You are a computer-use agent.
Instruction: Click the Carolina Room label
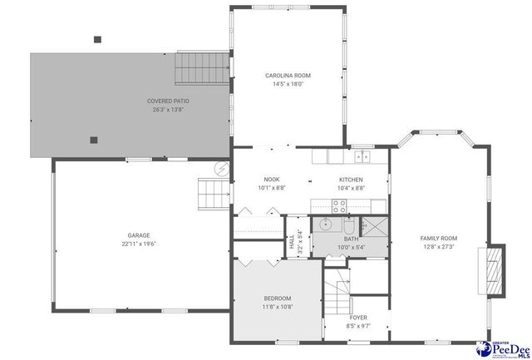(288, 76)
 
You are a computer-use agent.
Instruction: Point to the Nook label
(272, 180)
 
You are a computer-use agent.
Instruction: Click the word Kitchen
(351, 180)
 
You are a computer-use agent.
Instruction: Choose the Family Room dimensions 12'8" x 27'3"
(438, 247)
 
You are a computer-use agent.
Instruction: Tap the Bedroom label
(278, 298)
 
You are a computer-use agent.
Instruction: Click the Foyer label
(358, 318)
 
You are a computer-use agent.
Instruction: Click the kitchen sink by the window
(362, 155)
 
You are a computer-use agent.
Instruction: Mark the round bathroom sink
(326, 224)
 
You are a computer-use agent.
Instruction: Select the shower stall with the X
(375, 226)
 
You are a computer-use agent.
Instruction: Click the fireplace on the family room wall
(495, 270)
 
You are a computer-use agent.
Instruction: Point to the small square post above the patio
(97, 38)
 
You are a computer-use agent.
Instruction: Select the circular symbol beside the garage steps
(221, 169)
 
